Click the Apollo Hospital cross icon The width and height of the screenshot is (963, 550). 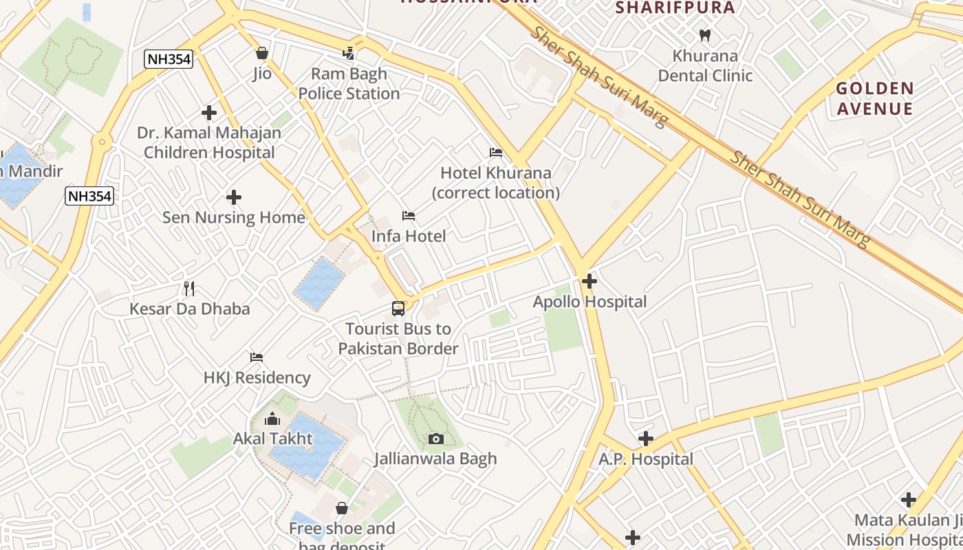(589, 281)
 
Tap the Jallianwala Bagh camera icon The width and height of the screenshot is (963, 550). (435, 439)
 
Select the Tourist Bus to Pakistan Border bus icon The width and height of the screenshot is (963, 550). (398, 309)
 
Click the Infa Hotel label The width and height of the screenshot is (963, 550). (409, 236)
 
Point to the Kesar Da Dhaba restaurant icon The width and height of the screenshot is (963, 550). (189, 288)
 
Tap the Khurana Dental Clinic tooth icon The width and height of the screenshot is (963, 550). (704, 35)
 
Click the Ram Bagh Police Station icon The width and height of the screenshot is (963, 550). (349, 53)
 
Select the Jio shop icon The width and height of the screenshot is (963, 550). (261, 53)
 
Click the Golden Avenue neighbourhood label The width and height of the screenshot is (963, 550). (875, 98)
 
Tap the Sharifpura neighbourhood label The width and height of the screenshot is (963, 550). (675, 8)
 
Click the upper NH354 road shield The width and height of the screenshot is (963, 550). (169, 59)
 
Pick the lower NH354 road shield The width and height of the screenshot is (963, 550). (89, 197)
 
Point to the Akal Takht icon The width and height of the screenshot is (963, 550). (272, 418)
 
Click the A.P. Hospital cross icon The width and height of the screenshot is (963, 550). (645, 438)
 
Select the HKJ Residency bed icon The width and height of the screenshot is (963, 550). (257, 357)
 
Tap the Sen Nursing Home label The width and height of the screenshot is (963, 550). (233, 217)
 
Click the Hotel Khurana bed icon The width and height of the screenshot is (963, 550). (495, 152)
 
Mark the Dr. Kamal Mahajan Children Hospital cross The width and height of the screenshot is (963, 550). (209, 112)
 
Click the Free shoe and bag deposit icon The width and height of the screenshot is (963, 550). (342, 508)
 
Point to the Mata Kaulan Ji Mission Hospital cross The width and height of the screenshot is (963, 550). (908, 500)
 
